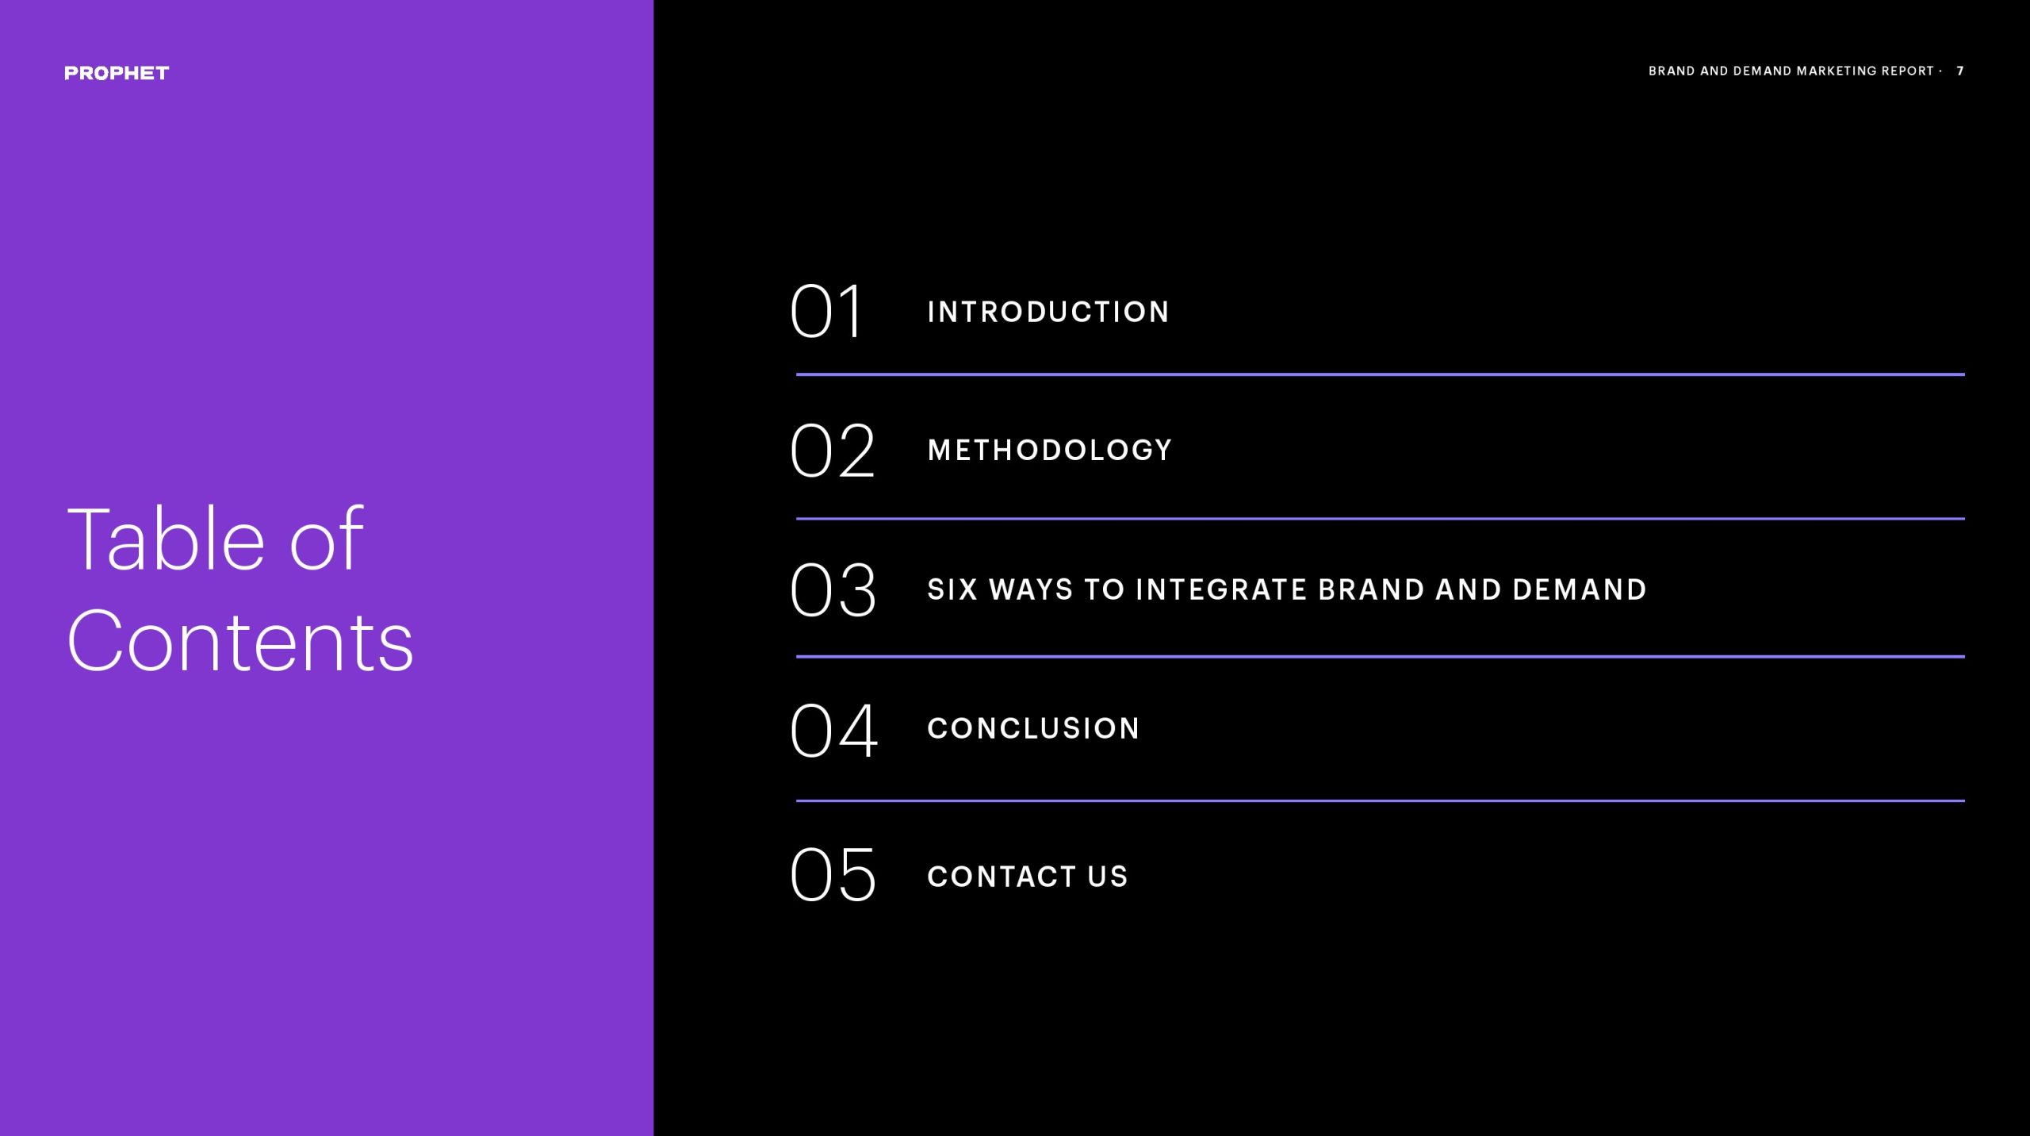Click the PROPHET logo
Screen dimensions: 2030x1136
click(x=117, y=73)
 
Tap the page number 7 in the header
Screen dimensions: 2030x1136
click(x=1960, y=71)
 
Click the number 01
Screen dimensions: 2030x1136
click(x=825, y=311)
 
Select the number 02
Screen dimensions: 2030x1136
click(x=833, y=450)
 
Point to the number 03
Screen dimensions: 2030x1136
click(x=833, y=589)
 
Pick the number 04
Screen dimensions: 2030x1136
click(x=834, y=730)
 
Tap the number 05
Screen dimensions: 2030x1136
click(x=833, y=874)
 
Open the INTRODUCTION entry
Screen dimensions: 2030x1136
click(x=1048, y=312)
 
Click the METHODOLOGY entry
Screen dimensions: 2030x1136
click(x=1050, y=450)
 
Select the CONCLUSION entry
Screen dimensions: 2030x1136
click(x=1033, y=728)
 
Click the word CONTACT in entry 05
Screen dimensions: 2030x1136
click(x=1002, y=877)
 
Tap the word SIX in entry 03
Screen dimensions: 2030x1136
click(x=952, y=589)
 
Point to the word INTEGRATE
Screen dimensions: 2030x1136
click(x=1222, y=589)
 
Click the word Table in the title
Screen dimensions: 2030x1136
click(x=166, y=539)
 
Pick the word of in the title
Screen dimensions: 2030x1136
click(x=327, y=539)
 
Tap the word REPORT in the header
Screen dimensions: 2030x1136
click(x=1909, y=71)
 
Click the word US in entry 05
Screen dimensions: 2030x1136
click(x=1108, y=877)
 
